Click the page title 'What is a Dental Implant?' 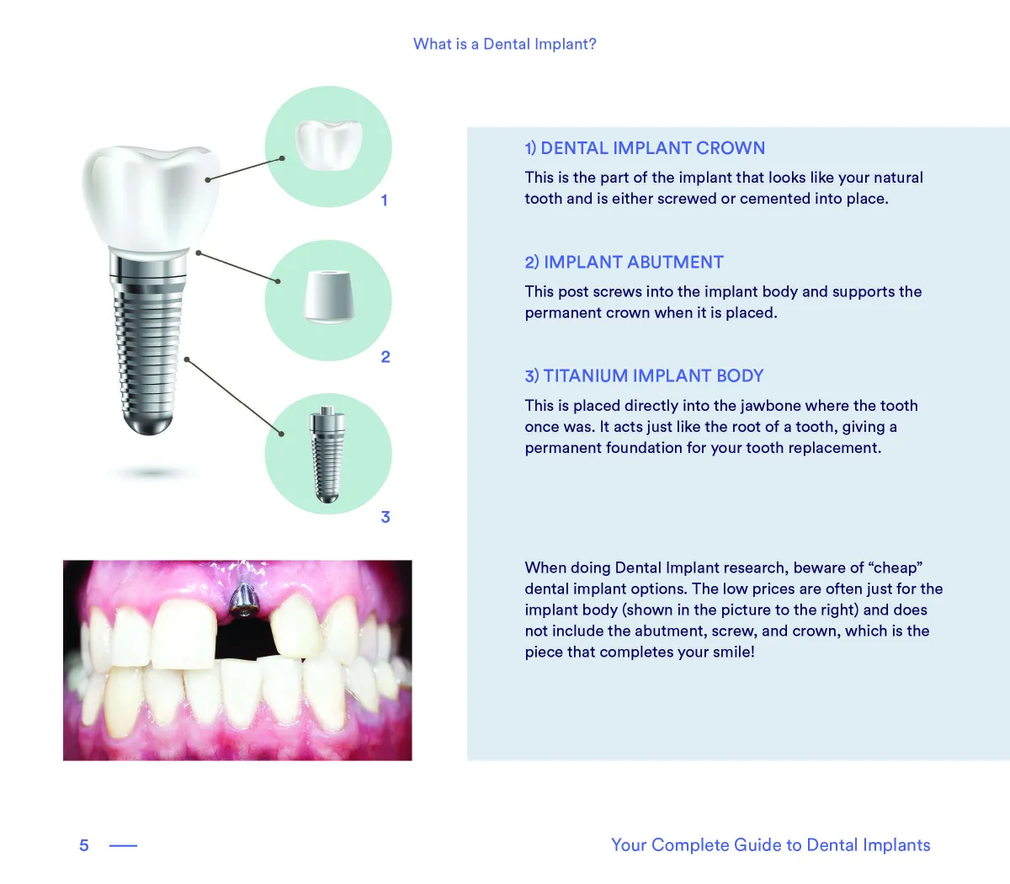(x=504, y=44)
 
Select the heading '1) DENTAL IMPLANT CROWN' (x=645, y=148)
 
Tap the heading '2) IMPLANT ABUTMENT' (x=624, y=262)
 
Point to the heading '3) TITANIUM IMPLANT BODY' (x=644, y=375)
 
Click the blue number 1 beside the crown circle (x=384, y=200)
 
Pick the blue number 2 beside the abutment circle (x=385, y=357)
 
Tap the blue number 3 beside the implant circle (x=385, y=517)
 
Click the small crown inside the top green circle (x=328, y=145)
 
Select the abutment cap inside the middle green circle (x=329, y=296)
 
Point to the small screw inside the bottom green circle (x=327, y=455)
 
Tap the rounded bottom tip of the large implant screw (x=148, y=423)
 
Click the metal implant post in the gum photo (x=244, y=599)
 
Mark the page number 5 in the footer (x=84, y=845)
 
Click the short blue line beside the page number (x=123, y=846)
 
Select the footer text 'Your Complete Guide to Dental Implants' (x=771, y=845)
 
